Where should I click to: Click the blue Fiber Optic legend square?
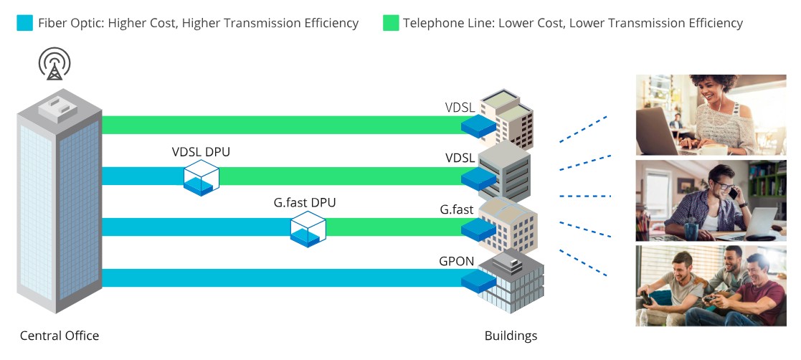[24, 23]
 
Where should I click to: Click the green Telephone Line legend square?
[390, 23]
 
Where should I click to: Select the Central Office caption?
[60, 336]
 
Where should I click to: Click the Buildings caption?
[511, 336]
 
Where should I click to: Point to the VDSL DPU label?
[201, 152]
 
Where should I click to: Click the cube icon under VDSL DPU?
[201, 177]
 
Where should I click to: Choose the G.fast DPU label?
[305, 203]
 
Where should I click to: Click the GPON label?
[457, 262]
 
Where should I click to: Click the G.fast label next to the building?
[457, 210]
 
